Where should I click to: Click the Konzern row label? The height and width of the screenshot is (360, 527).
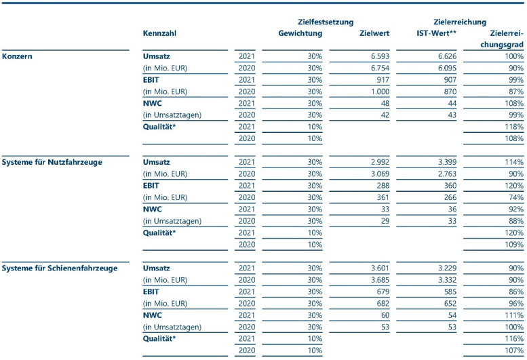[x=17, y=56]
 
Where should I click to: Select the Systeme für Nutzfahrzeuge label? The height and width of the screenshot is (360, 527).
[x=52, y=162]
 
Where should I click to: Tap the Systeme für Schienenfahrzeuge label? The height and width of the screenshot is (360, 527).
[x=60, y=268]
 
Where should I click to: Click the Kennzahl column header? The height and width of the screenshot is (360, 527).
[x=159, y=33]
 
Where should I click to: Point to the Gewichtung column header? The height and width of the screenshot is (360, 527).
[x=300, y=33]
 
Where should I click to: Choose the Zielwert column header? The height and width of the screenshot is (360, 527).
[x=374, y=33]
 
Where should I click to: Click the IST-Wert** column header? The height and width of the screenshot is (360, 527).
[x=437, y=33]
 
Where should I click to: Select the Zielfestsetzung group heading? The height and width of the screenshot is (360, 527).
[x=326, y=22]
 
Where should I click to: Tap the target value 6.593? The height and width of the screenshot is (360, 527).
[x=380, y=56]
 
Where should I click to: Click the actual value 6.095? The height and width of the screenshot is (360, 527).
[x=448, y=68]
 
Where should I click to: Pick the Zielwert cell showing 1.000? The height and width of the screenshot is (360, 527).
[x=380, y=92]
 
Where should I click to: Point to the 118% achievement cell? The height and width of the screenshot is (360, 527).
[x=514, y=127]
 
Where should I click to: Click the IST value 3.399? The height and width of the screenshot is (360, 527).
[x=448, y=162]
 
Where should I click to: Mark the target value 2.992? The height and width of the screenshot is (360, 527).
[x=380, y=162]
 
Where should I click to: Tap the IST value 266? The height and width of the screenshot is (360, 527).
[x=450, y=197]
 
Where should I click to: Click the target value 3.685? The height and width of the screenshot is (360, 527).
[x=380, y=280]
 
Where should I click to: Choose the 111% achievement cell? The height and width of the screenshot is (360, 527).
[x=514, y=315]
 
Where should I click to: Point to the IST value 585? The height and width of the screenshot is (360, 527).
[x=450, y=292]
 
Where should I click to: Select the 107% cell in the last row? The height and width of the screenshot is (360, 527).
[x=514, y=351]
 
